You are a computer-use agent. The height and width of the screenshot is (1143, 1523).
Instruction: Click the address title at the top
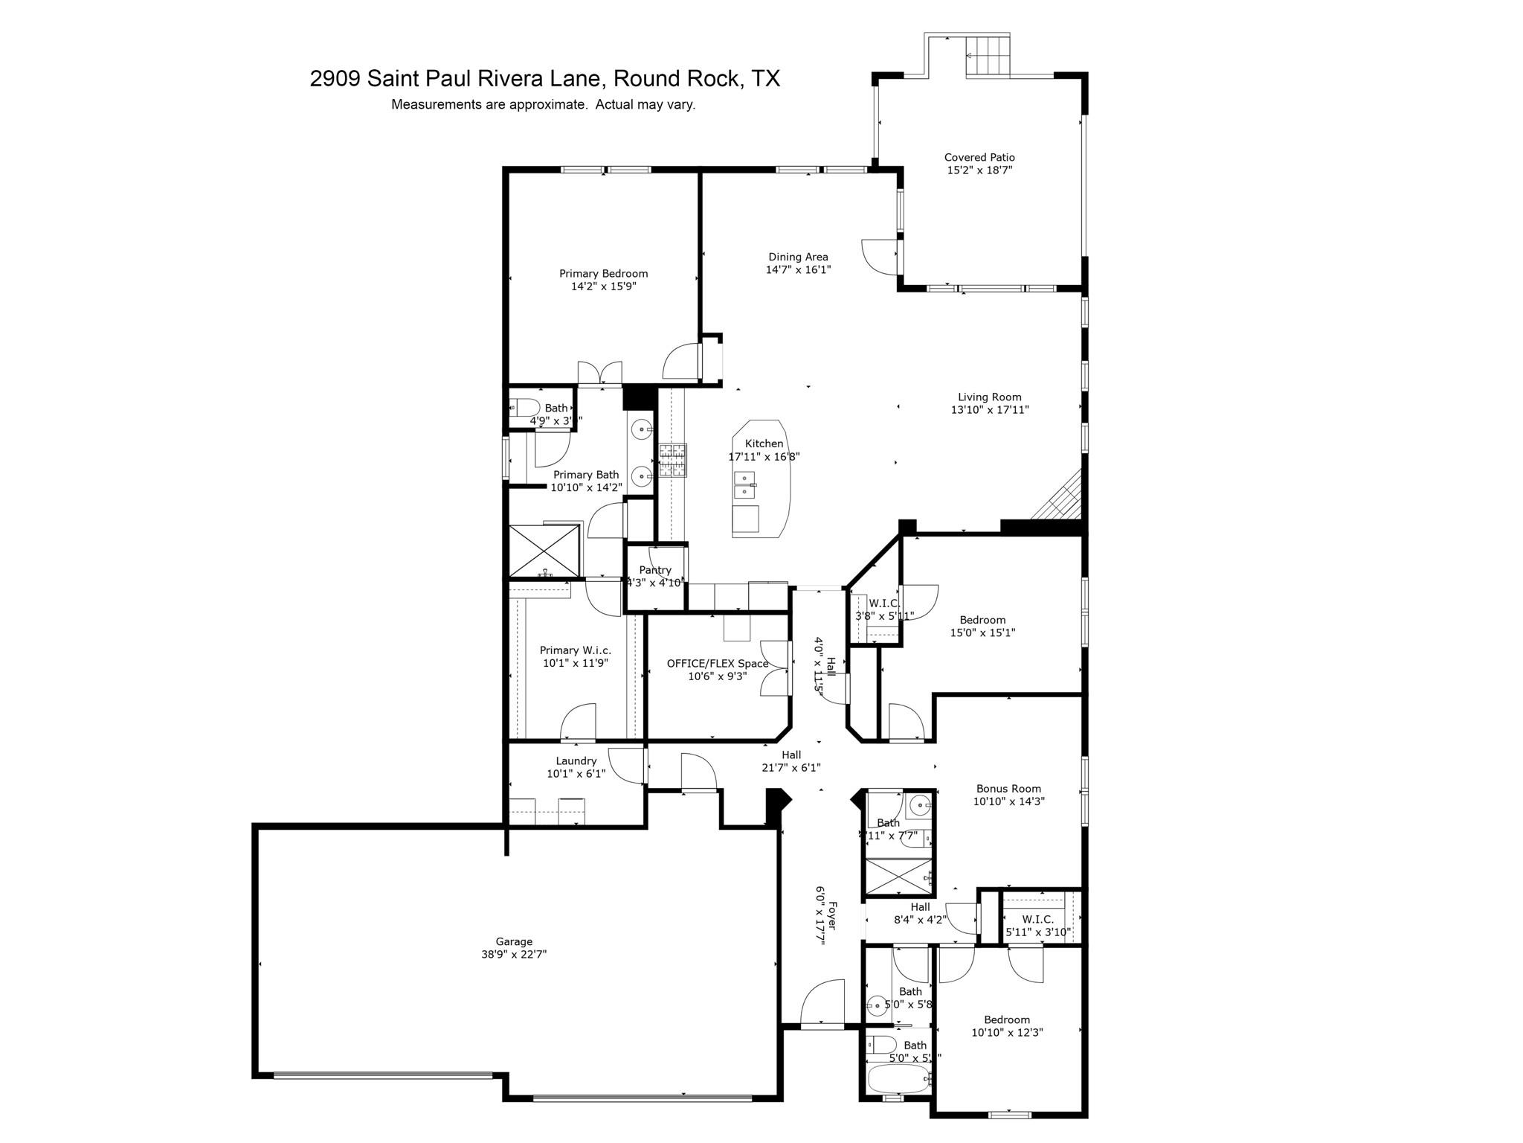click(544, 78)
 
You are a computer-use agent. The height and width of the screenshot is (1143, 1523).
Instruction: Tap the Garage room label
click(514, 941)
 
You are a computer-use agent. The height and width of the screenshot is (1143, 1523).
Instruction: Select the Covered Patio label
click(979, 157)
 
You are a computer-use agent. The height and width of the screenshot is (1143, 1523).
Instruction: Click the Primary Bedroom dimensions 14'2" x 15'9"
click(603, 286)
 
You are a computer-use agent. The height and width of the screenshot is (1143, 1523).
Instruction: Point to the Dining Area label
click(798, 257)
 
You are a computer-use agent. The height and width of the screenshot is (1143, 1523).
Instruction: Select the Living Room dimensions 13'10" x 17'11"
click(989, 409)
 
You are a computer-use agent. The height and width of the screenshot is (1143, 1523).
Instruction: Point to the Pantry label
click(654, 570)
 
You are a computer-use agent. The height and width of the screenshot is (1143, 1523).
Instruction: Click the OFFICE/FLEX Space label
click(717, 663)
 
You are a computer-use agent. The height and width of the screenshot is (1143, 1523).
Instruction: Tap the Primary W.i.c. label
click(575, 650)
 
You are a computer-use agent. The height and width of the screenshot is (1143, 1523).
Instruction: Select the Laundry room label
click(576, 761)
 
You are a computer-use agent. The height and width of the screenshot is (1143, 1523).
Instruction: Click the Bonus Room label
click(1008, 788)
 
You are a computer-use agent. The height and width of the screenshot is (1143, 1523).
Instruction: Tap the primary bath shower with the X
click(544, 551)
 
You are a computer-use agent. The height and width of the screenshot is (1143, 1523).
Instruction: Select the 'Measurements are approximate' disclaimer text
click(543, 105)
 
